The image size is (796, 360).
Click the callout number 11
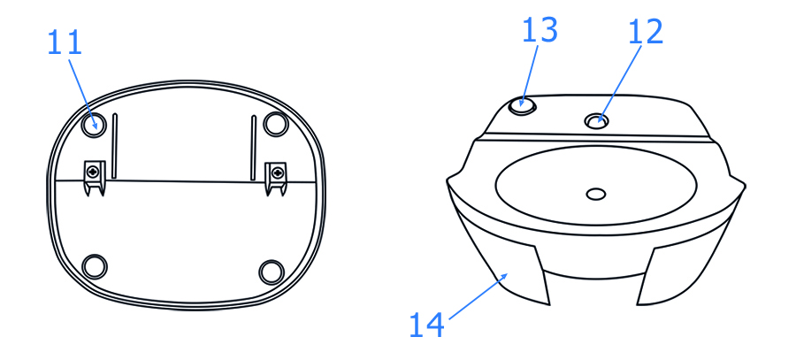coord(65,42)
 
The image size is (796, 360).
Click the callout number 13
coord(540,29)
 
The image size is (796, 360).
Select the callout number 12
coord(646,32)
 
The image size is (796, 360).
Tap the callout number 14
coord(426,325)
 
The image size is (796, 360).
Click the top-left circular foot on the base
coord(95,124)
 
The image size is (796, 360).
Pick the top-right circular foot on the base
coord(276,123)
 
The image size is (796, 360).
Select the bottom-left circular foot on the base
coord(95,266)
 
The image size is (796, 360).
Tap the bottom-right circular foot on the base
coord(272,272)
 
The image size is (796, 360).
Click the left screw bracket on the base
coord(94,178)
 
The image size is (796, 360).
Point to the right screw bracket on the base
coord(276,178)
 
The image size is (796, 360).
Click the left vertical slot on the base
coord(115,146)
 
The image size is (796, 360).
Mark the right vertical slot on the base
coord(253,148)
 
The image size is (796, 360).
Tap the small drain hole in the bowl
coord(596,194)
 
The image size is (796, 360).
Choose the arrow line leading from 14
coord(478,296)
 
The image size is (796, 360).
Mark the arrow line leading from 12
coord(620,85)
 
